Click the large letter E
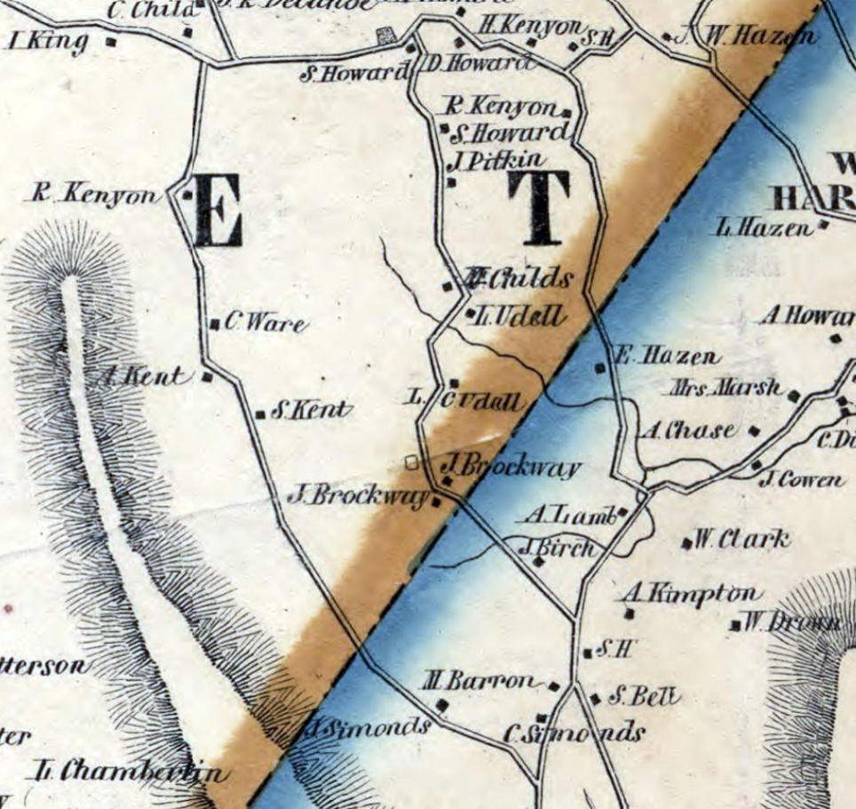[217, 210]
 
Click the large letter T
[538, 208]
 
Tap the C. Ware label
[265, 324]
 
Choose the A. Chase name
[687, 431]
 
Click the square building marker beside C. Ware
[214, 324]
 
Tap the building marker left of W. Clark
[686, 542]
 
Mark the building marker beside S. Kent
[260, 414]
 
